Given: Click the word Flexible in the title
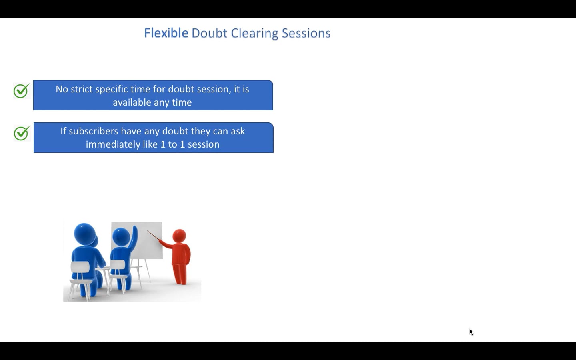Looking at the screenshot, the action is coord(166,33).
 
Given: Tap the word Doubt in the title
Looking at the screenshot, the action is coord(209,33).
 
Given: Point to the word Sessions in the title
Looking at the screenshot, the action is coord(306,33).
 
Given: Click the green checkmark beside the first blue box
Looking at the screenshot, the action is coord(21,90).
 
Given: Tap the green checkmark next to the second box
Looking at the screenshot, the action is coord(22,133).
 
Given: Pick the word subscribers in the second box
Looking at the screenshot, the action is coord(93,131).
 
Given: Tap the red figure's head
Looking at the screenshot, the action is coord(179,236).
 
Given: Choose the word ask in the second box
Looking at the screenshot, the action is coord(238,131).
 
